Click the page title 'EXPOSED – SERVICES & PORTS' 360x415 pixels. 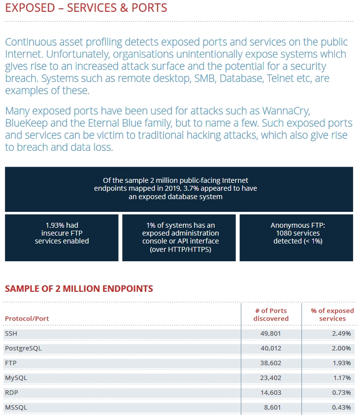pos(86,8)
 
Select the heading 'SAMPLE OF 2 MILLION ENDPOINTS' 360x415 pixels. pos(79,288)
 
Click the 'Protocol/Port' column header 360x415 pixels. pos(27,318)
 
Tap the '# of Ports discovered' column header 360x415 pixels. pos(271,314)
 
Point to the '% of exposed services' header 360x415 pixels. pos(332,314)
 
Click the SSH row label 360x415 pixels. pos(11,334)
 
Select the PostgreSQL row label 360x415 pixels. pos(23,348)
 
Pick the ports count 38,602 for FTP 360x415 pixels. pos(270,363)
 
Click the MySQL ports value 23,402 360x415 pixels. pos(270,378)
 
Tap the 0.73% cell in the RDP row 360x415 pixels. pos(341,393)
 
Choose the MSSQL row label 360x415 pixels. pos(16,408)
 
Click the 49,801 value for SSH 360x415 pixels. pos(270,334)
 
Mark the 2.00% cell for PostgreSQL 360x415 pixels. pos(341,348)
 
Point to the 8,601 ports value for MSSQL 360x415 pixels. pos(272,408)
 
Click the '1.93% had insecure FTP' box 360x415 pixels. pos(62,238)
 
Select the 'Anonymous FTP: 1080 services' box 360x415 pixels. pos(296,238)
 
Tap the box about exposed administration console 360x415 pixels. pos(179,238)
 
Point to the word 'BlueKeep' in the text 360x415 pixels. pos(27,123)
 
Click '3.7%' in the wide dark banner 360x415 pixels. pos(191,188)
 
